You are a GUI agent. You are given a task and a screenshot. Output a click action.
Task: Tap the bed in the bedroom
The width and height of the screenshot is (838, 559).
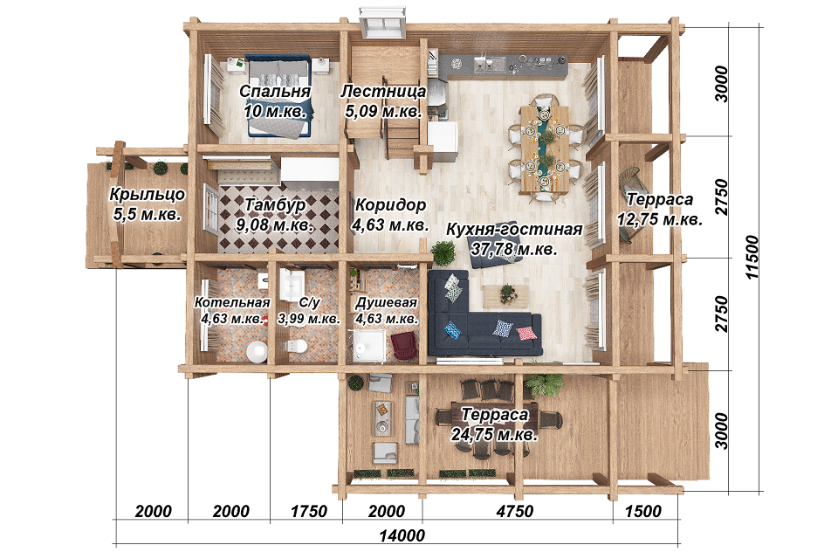(x=278, y=97)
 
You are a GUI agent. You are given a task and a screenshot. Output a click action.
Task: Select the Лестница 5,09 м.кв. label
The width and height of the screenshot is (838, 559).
(x=384, y=101)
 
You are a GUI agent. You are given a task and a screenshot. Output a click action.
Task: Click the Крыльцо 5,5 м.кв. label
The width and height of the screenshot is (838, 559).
(x=148, y=204)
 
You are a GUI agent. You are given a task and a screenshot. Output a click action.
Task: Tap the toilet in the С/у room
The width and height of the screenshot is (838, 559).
(x=296, y=346)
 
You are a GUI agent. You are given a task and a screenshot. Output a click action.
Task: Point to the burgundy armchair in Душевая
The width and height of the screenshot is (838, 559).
(x=404, y=345)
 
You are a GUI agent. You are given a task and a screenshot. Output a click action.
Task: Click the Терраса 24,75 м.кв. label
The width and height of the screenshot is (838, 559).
(x=494, y=424)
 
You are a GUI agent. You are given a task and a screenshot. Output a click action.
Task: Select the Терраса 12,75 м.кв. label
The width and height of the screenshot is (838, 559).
(x=660, y=209)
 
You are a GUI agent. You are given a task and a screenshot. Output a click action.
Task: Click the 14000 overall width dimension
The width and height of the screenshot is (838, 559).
(x=402, y=535)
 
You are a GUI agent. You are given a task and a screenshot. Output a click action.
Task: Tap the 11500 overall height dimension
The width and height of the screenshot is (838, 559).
(x=752, y=257)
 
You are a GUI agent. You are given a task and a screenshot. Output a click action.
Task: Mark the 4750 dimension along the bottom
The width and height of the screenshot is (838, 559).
(x=515, y=511)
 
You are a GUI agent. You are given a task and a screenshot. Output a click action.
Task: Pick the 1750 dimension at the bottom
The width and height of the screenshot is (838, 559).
(x=308, y=511)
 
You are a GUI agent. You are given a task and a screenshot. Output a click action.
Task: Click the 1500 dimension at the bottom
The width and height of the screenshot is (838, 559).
(x=643, y=511)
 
